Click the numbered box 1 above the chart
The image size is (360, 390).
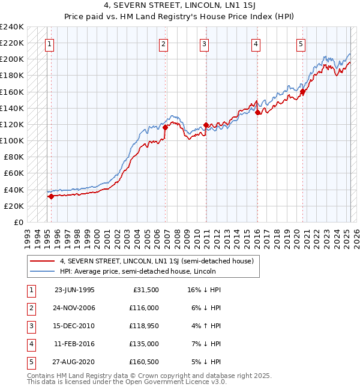click(49, 43)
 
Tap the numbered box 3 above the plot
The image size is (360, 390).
click(204, 43)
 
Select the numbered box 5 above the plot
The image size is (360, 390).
click(301, 43)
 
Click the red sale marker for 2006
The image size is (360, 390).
click(165, 127)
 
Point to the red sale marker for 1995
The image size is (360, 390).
click(51, 196)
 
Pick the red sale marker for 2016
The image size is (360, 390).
click(257, 112)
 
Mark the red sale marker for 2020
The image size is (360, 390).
click(303, 91)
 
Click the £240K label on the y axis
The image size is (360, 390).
click(12, 27)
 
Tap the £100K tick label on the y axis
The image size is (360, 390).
click(12, 140)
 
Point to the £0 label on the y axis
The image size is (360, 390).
click(19, 222)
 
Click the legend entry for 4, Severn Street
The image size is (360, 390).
click(157, 261)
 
